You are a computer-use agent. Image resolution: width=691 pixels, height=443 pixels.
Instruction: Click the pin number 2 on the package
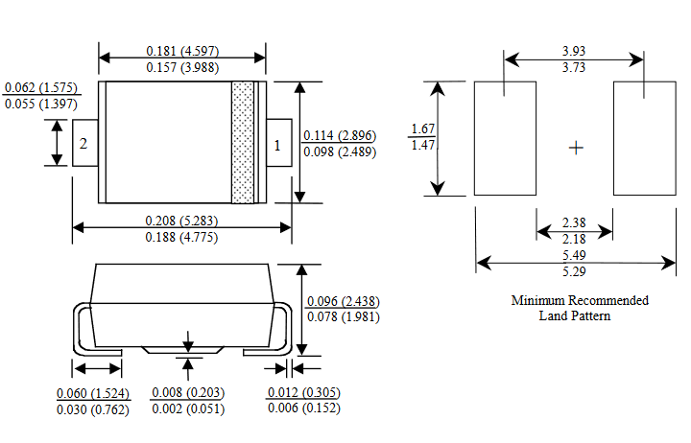(84, 144)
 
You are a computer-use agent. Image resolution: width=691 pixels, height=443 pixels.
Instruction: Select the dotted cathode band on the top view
(243, 143)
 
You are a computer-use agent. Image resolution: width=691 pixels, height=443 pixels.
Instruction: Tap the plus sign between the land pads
(575, 148)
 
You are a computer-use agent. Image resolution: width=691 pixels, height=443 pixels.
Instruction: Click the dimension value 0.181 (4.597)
(182, 50)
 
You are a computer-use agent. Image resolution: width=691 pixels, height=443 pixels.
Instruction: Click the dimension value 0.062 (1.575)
(40, 87)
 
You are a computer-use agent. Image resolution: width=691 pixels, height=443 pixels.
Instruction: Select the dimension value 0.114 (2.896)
(339, 135)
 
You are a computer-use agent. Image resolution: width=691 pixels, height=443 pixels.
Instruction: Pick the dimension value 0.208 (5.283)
(182, 221)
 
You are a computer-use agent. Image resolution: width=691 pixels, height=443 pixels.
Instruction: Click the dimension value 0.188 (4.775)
(182, 237)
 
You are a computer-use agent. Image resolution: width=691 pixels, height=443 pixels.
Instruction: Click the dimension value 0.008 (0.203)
(188, 393)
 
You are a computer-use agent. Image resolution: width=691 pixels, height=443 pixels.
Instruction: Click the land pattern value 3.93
(574, 50)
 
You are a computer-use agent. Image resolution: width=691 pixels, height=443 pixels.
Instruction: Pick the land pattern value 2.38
(574, 223)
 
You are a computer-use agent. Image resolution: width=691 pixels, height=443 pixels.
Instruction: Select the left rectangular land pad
(506, 138)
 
